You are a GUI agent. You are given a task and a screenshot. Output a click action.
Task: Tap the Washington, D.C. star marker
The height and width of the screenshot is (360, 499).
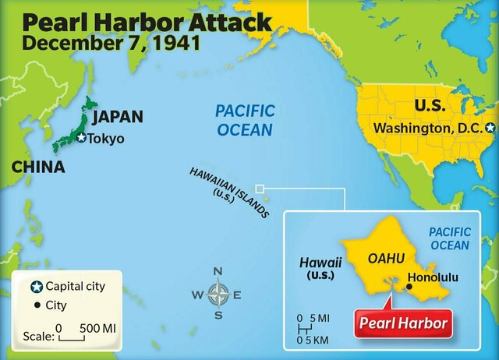[490, 127]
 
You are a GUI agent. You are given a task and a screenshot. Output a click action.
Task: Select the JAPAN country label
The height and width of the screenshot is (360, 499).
[118, 117]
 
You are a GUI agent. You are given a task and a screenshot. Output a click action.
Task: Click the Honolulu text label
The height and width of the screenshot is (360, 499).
[441, 277]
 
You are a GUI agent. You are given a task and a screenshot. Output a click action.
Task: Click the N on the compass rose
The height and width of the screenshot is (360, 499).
[218, 272]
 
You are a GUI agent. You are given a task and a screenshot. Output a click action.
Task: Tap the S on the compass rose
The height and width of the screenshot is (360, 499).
[218, 316]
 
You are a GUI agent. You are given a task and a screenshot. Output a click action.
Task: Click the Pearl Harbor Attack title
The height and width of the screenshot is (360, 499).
[147, 19]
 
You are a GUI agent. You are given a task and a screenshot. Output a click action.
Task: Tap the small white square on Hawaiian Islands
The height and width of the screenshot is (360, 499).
[260, 188]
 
